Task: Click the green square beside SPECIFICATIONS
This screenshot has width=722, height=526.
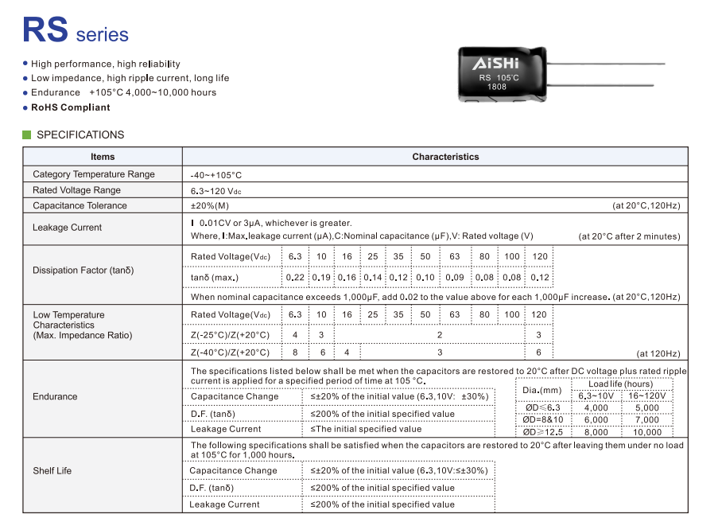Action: coord(27,134)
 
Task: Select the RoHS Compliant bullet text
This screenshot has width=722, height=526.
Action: coord(71,107)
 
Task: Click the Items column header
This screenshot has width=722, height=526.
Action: coord(103,157)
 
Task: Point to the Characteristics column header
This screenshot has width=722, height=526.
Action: coord(445,157)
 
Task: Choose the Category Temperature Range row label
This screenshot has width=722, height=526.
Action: coord(94,174)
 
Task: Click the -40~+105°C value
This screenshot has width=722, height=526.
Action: coord(216,175)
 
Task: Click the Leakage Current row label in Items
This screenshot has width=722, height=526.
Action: coord(68,228)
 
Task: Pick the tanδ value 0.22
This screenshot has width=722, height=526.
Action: coord(295,278)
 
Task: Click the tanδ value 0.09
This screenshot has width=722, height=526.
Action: coord(455,278)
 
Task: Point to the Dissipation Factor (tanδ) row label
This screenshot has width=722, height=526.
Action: coord(83,271)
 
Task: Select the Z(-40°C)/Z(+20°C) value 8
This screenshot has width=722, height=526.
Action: coord(295,353)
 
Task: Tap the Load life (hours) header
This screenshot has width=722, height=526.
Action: coord(620,384)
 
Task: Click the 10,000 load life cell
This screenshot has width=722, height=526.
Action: coord(647,432)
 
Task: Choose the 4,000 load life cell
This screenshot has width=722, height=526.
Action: coord(596,408)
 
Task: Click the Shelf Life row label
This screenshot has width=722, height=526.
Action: coord(52,471)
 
